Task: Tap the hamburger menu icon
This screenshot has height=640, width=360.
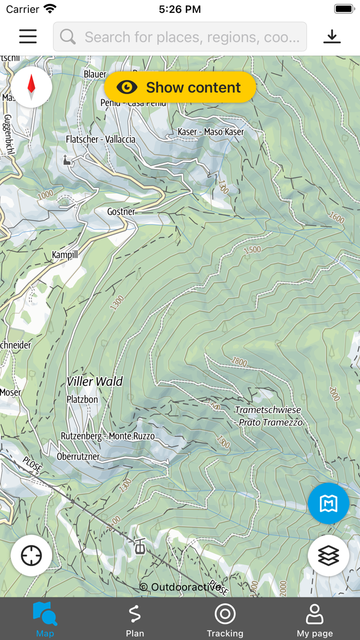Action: [x=28, y=37]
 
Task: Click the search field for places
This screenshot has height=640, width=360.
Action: [x=180, y=37]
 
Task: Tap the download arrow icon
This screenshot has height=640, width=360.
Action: [x=332, y=37]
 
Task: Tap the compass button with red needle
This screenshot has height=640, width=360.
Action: [x=31, y=87]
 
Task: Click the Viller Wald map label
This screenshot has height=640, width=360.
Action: [x=95, y=381]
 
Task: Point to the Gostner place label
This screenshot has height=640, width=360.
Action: [x=121, y=212]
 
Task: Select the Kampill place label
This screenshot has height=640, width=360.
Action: [x=65, y=255]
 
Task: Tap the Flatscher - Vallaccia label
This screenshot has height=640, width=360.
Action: [x=101, y=139]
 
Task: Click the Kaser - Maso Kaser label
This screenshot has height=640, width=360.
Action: [x=211, y=132]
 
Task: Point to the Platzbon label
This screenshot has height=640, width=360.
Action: [x=82, y=399]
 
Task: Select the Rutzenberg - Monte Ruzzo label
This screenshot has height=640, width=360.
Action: [x=107, y=436]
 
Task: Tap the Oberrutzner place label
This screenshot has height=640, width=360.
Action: [x=78, y=456]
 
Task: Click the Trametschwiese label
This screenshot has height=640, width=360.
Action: [x=268, y=410]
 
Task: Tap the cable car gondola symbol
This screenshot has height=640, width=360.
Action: [x=139, y=546]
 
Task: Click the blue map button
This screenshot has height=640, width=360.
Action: [x=329, y=504]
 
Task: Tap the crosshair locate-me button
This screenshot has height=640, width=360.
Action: [x=31, y=556]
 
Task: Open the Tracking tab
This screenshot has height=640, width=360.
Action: [x=225, y=619]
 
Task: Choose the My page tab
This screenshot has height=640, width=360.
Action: [x=315, y=619]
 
